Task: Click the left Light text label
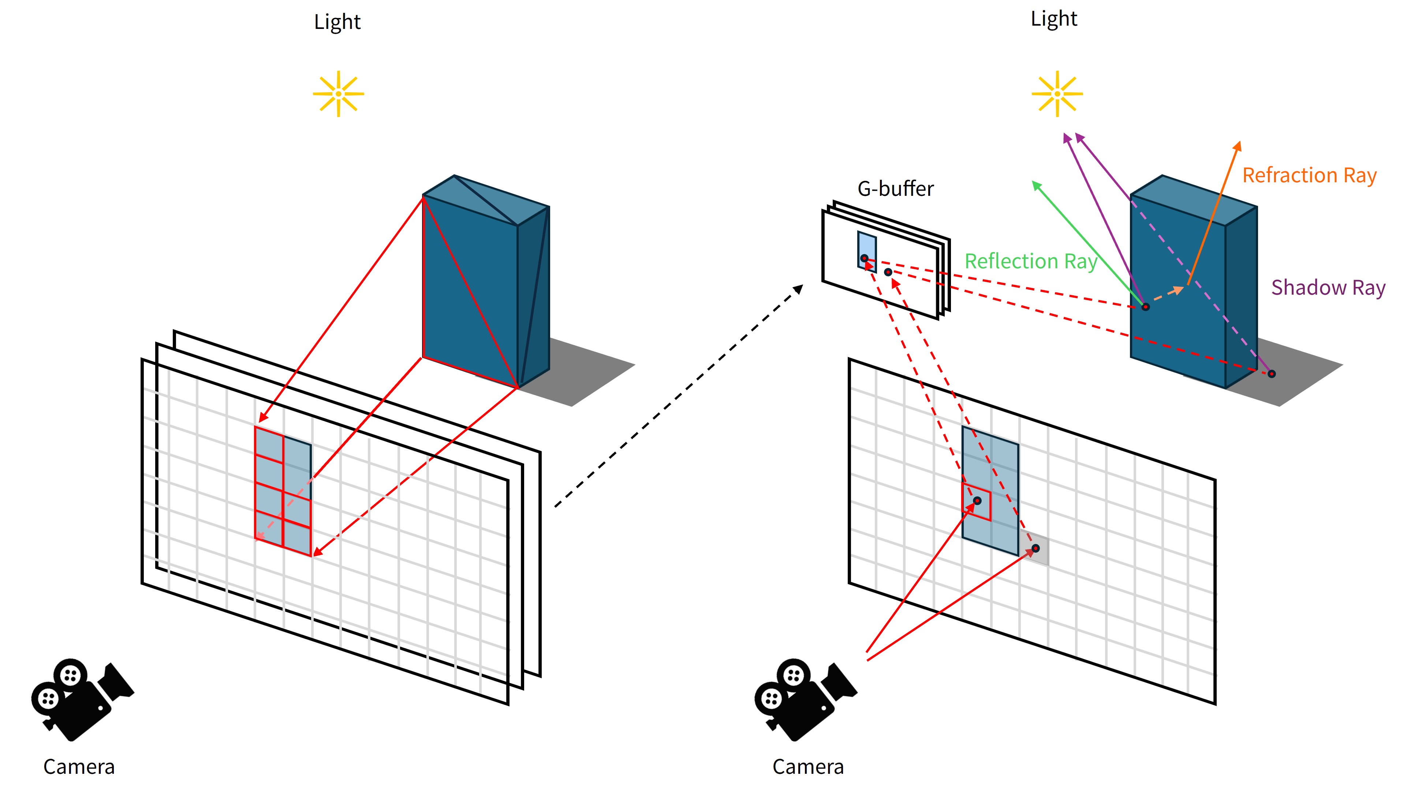click(x=337, y=22)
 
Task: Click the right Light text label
click(x=1054, y=19)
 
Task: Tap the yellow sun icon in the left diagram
click(x=338, y=94)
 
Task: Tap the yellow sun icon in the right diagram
click(x=1057, y=94)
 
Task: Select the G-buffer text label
click(x=895, y=189)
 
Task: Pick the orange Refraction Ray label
click(x=1309, y=175)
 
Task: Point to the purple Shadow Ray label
click(x=1328, y=288)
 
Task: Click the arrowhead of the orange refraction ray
click(x=1238, y=146)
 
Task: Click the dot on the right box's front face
click(x=1145, y=307)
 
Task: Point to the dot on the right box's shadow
click(x=1271, y=374)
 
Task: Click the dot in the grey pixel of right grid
click(x=1036, y=548)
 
